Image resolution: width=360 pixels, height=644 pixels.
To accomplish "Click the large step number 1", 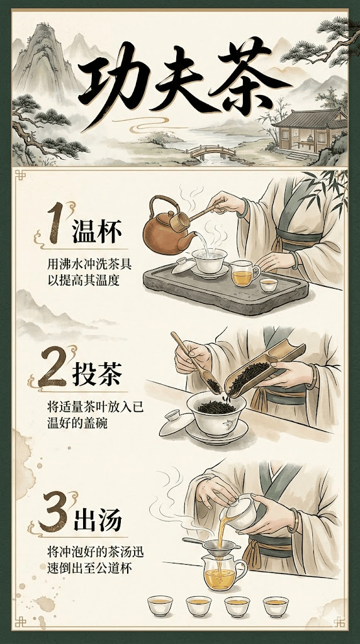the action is click(56, 223).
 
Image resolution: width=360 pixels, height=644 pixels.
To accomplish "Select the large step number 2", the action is click(53, 367).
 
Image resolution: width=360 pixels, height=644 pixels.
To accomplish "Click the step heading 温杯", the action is click(97, 232).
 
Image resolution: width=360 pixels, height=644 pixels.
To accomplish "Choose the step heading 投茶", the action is click(97, 374).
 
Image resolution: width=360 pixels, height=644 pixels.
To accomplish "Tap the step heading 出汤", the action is click(98, 520).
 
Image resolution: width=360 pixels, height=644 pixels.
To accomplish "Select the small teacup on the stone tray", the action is click(269, 285).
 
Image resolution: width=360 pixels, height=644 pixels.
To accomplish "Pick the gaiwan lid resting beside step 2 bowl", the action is click(176, 423).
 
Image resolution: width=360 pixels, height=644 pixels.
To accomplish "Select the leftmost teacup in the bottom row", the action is click(160, 606).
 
